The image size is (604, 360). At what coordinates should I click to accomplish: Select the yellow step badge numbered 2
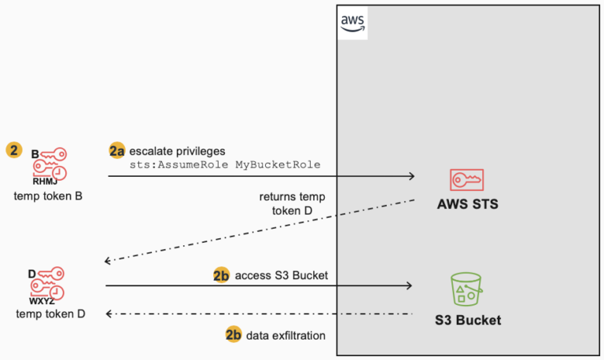[x=13, y=149]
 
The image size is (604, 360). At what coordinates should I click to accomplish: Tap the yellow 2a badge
[x=116, y=149]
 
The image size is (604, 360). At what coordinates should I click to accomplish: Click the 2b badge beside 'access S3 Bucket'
[x=223, y=275]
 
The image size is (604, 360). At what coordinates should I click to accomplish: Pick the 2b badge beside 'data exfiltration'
[x=234, y=335]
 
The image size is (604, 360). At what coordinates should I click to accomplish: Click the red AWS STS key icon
[x=467, y=179]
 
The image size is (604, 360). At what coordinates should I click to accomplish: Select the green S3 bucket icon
[x=467, y=288]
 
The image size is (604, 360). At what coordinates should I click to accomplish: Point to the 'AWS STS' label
[x=467, y=206]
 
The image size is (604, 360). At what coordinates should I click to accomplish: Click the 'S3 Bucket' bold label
[x=467, y=321]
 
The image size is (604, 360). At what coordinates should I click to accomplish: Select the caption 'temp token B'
[x=48, y=195]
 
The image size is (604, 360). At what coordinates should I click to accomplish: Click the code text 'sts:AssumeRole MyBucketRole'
[x=224, y=164]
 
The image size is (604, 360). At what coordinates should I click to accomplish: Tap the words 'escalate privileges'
[x=178, y=149]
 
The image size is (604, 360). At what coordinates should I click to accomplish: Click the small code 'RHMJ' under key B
[x=45, y=182]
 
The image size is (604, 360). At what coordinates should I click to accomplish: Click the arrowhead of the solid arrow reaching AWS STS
[x=411, y=177]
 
